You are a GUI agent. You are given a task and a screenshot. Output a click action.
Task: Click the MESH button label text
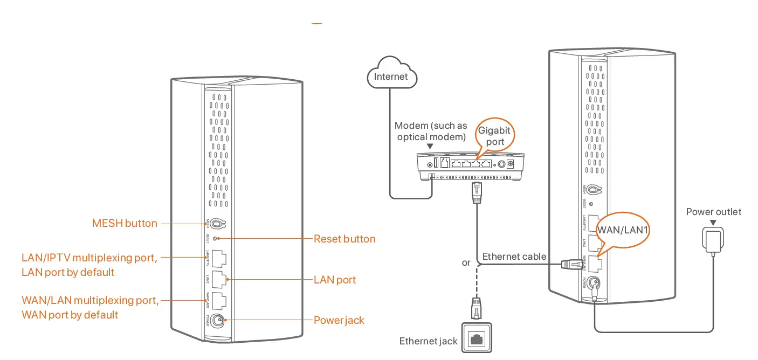(x=125, y=223)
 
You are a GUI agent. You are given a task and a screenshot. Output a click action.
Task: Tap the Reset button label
(x=344, y=239)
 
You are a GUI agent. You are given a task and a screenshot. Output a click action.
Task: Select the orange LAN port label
(x=335, y=280)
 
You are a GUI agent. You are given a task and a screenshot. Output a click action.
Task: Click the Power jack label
(x=339, y=321)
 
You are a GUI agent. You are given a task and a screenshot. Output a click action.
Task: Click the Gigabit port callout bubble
(x=494, y=136)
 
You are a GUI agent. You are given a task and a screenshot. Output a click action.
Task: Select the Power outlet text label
(x=713, y=212)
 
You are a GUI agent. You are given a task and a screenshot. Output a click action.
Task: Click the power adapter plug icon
(x=713, y=239)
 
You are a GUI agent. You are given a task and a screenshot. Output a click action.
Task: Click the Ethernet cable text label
(x=514, y=257)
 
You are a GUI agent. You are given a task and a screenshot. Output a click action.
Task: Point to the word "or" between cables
(x=466, y=263)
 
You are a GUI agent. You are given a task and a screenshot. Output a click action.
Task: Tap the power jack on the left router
(x=218, y=320)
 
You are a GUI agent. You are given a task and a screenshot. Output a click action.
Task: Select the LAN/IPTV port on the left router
(x=219, y=259)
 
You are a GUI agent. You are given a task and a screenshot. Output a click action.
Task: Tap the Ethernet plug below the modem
(x=476, y=191)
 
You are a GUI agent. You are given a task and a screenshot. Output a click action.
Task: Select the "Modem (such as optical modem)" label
(x=431, y=131)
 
